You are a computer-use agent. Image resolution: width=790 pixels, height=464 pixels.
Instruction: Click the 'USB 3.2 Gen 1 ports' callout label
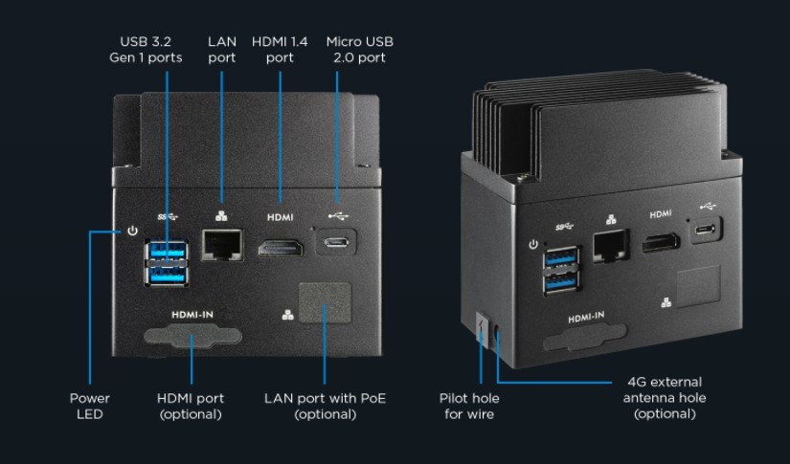[146, 50]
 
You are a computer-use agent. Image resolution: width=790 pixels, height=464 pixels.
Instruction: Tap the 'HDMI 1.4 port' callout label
[280, 50]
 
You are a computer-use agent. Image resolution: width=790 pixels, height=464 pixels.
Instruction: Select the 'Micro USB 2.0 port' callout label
[359, 50]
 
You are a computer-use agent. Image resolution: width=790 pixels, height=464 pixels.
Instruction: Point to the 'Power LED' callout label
[90, 407]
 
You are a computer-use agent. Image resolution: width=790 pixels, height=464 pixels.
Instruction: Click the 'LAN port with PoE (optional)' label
[325, 407]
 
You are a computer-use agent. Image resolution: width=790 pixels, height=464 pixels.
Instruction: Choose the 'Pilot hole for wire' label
[469, 407]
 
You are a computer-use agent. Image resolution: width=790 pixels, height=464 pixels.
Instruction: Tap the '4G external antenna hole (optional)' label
[665, 398]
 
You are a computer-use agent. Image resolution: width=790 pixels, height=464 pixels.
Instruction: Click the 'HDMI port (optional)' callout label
[191, 407]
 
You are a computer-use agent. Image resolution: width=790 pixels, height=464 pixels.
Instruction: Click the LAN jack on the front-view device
[222, 245]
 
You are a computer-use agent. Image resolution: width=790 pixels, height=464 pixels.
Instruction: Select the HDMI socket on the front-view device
[281, 248]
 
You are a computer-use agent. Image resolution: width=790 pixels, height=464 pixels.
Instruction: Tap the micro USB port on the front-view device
[336, 242]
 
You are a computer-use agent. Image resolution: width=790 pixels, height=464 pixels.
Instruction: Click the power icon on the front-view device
[132, 231]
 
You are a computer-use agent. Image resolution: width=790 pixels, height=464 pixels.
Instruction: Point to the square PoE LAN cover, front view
[325, 302]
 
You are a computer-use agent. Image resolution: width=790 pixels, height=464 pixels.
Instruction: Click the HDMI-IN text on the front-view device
[192, 315]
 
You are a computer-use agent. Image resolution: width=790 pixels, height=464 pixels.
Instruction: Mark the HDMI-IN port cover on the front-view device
[193, 336]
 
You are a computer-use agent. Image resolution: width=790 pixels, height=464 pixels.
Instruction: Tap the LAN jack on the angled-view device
[611, 245]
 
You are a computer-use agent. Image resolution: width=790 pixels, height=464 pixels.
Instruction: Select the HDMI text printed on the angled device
[661, 214]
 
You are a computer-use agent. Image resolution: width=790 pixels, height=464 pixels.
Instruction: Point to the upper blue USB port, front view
[168, 250]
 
